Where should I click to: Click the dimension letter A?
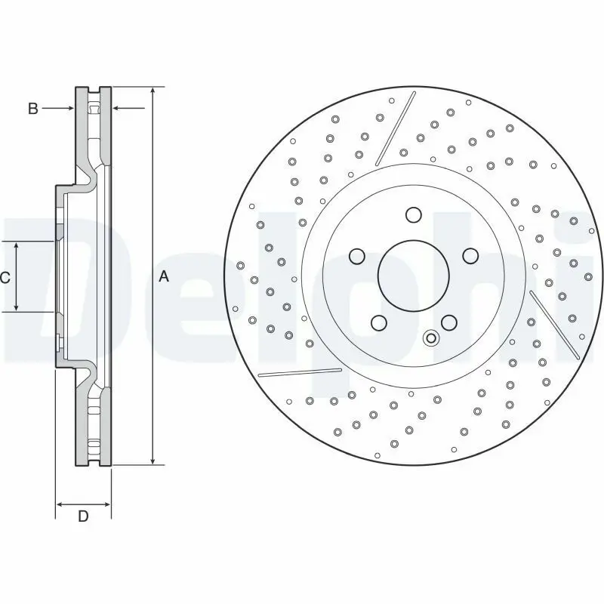pyautogui.click(x=164, y=276)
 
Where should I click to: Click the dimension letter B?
pyautogui.click(x=33, y=109)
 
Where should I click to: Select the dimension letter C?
pyautogui.click(x=5, y=277)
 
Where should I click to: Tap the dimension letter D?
pyautogui.click(x=83, y=516)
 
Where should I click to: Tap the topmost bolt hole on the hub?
pyautogui.click(x=413, y=214)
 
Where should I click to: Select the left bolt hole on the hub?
pyautogui.click(x=356, y=256)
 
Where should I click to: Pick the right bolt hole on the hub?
pyautogui.click(x=470, y=256)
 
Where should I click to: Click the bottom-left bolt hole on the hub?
pyautogui.click(x=379, y=323)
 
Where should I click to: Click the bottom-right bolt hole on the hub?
pyautogui.click(x=449, y=323)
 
